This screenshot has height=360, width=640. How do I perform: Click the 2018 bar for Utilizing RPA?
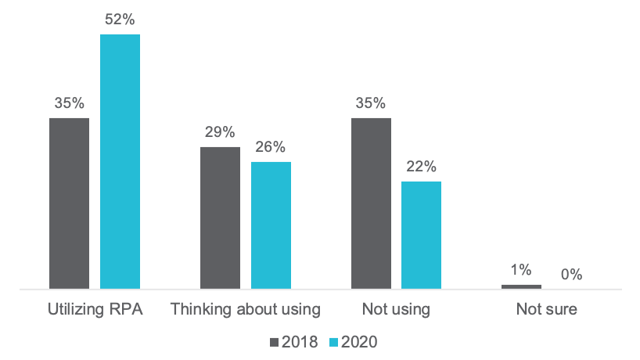pyautogui.click(x=69, y=203)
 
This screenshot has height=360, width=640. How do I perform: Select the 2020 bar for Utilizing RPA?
pyautogui.click(x=120, y=161)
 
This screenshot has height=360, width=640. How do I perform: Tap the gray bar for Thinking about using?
pyautogui.click(x=220, y=218)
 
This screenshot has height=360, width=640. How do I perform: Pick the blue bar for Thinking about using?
pyautogui.click(x=271, y=225)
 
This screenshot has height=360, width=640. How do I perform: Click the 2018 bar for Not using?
pyautogui.click(x=371, y=203)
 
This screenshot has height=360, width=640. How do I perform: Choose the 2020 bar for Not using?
pyautogui.click(x=421, y=235)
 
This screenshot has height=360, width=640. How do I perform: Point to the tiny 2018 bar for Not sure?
pyautogui.click(x=521, y=286)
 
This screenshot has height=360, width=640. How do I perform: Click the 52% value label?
pyautogui.click(x=120, y=19)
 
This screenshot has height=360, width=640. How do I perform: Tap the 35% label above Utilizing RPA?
pyautogui.click(x=69, y=103)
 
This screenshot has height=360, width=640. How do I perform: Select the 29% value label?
pyautogui.click(x=220, y=131)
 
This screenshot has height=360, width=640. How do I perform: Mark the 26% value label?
pyautogui.click(x=271, y=146)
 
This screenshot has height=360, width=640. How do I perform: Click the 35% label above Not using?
pyautogui.click(x=371, y=103)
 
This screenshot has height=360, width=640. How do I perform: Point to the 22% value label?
pyautogui.click(x=421, y=166)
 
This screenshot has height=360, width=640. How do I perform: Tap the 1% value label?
pyautogui.click(x=521, y=269)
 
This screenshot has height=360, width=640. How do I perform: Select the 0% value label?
pyautogui.click(x=571, y=275)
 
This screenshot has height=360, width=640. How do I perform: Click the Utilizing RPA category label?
pyautogui.click(x=95, y=309)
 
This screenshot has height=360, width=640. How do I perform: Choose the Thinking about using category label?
pyautogui.click(x=245, y=309)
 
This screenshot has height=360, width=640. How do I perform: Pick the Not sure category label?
pyautogui.click(x=546, y=309)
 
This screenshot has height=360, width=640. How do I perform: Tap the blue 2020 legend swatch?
pyautogui.click(x=333, y=342)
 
